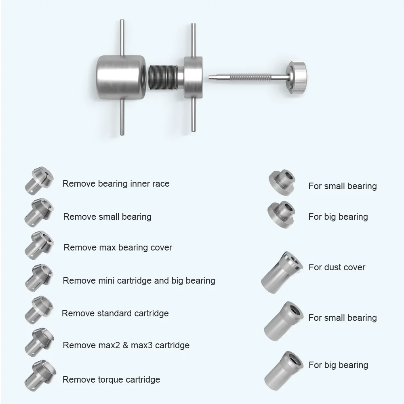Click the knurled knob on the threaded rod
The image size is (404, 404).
tap(299, 74)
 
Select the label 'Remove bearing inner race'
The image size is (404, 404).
tap(116, 184)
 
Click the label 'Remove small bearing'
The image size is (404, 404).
tap(107, 217)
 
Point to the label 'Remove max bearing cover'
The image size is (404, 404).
tap(118, 248)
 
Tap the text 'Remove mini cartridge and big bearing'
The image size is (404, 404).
tap(139, 280)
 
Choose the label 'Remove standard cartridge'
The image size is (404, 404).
tap(115, 314)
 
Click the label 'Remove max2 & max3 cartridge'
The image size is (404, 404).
tap(126, 345)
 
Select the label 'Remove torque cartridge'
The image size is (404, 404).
tap(111, 380)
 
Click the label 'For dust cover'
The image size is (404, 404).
tap(337, 267)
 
